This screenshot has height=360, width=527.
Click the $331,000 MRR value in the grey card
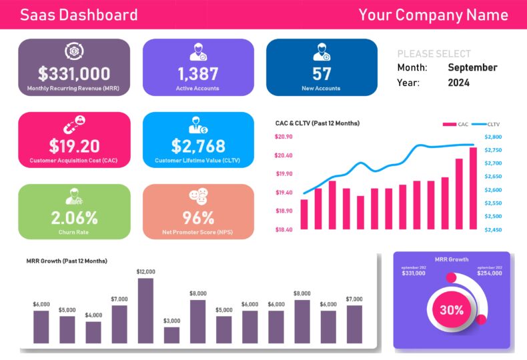point(74,73)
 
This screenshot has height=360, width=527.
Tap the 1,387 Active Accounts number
point(197,73)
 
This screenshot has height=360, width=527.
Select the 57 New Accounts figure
point(322,73)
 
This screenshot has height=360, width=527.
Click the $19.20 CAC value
point(74,145)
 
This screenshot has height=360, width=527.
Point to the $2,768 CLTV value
point(198,145)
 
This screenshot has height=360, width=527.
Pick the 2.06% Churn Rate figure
point(74,217)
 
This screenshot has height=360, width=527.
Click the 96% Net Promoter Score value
point(198,217)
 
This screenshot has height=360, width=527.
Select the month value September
point(472,67)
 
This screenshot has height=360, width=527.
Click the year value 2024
point(458,83)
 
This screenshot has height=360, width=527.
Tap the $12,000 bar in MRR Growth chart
point(145,310)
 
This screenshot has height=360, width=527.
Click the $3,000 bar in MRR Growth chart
point(171,335)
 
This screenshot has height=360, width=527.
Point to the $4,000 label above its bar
point(93,315)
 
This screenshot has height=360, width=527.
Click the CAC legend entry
point(456,124)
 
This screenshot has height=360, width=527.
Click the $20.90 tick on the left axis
point(284,137)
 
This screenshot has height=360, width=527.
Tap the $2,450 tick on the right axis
point(494,229)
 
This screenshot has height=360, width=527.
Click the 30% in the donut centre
point(452,310)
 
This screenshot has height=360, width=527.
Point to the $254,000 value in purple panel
point(490,273)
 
